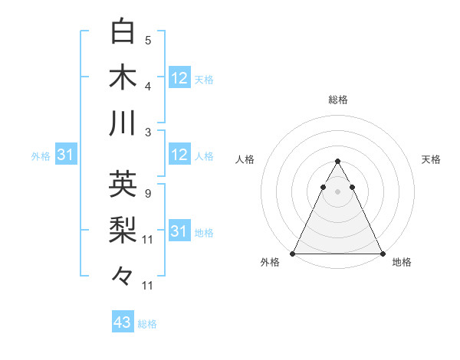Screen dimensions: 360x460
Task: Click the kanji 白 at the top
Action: (123, 31)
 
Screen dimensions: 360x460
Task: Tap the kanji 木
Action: (123, 77)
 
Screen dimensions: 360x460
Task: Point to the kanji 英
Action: (123, 184)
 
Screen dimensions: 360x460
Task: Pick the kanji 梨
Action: (123, 230)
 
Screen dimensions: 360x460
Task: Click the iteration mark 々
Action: (123, 275)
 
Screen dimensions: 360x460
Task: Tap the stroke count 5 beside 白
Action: (148, 40)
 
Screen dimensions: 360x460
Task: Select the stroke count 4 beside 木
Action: (148, 85)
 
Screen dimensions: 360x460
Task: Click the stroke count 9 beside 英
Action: (148, 193)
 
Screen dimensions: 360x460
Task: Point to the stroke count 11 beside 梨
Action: (148, 239)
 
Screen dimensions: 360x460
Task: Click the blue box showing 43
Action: (123, 322)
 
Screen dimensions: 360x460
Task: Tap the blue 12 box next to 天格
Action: (179, 77)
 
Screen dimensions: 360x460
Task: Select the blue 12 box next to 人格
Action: (179, 155)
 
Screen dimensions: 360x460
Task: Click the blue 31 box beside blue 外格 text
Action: (65, 155)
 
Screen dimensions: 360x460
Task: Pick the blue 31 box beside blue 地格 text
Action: (179, 231)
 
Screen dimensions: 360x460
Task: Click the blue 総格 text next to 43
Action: (148, 324)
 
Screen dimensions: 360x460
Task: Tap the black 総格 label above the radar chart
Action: (337, 100)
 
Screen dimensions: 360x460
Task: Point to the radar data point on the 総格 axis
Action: (337, 162)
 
